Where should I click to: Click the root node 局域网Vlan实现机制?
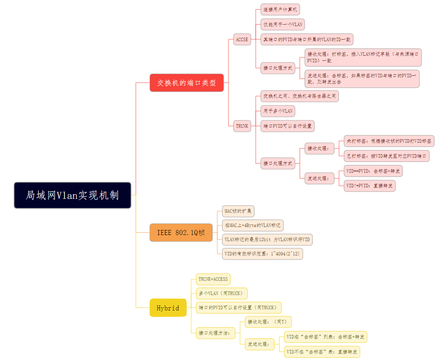tap(73, 195)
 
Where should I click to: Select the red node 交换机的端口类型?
tap(186, 83)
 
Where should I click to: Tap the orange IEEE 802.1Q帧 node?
tap(181, 232)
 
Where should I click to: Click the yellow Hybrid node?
tap(168, 308)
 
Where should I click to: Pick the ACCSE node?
tap(242, 39)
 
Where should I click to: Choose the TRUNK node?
tap(242, 126)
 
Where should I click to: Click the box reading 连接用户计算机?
tap(280, 10)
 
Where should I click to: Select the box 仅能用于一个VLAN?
tap(283, 25)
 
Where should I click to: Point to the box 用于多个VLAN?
tap(278, 111)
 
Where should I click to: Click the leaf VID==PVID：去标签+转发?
tap(373, 171)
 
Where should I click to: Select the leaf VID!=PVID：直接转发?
tap(369, 186)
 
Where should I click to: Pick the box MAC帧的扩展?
tap(238, 211)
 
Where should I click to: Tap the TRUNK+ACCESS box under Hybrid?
tap(213, 279)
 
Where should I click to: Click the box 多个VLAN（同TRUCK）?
tap(221, 293)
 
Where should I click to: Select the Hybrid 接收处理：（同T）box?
tap(269, 322)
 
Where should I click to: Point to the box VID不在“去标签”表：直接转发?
tap(322, 352)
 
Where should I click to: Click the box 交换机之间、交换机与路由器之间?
tap(300, 96)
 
